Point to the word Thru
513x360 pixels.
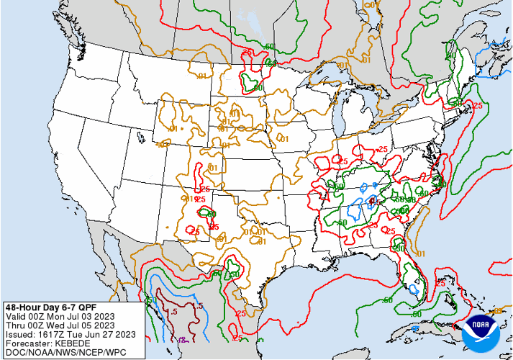pyautogui.click(x=17, y=325)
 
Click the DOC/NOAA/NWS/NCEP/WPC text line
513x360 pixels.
pyautogui.click(x=55, y=352)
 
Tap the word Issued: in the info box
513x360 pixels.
pyautogui.click(x=22, y=333)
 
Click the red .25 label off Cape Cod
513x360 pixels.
pyautogui.click(x=476, y=105)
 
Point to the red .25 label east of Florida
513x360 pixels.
pyautogui.click(x=440, y=284)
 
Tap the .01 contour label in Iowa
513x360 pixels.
pyautogui.click(x=284, y=138)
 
